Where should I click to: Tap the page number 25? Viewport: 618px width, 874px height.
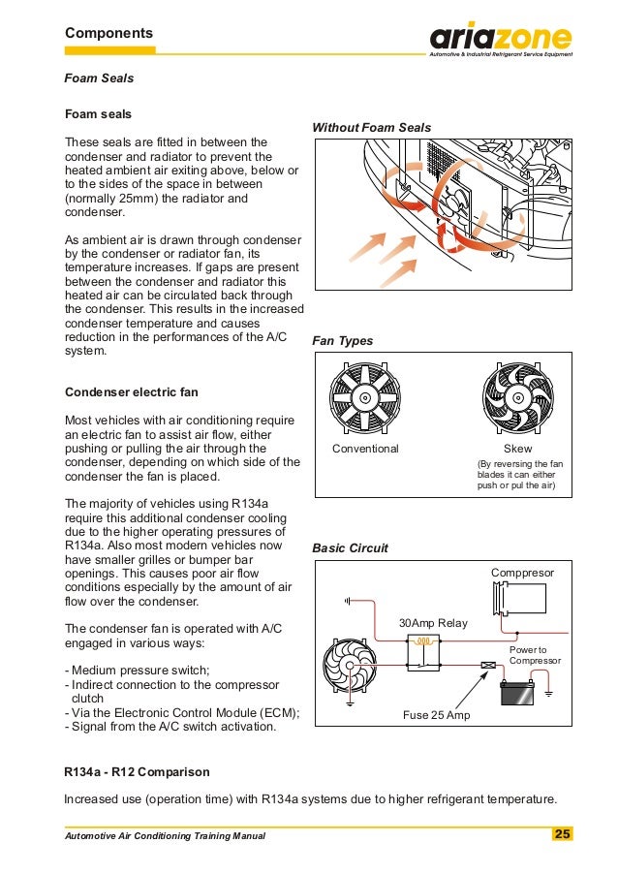562,834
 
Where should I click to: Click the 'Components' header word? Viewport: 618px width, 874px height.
108,33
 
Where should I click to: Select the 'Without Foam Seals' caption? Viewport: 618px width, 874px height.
371,128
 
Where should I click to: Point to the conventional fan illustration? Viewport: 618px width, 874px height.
364,397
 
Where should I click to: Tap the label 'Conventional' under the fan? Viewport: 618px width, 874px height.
365,450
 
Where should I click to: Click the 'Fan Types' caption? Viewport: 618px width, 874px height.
342,341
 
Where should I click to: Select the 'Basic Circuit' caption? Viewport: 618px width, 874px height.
350,548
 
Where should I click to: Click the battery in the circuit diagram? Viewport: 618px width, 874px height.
516,693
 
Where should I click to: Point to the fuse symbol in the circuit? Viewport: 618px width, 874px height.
489,665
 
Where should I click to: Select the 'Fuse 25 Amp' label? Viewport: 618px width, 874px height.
435,716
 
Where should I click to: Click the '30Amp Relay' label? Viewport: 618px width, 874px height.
432,623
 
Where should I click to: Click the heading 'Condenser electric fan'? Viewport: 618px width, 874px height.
131,392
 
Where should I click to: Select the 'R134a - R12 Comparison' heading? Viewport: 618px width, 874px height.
136,772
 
